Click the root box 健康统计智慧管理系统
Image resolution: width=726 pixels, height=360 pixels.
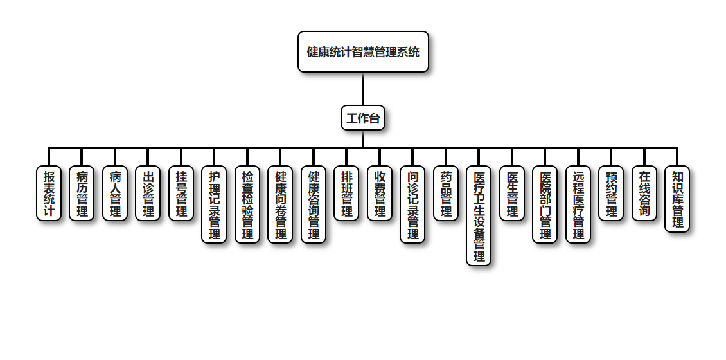click(363, 52)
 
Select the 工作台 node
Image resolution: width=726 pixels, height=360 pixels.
click(363, 118)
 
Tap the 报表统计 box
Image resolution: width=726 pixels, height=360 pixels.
click(49, 194)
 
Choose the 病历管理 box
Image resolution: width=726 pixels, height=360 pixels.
click(82, 194)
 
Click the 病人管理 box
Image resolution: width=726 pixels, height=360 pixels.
click(115, 194)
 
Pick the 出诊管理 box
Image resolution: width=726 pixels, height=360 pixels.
click(148, 194)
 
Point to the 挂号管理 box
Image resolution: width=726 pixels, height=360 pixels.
click(181, 194)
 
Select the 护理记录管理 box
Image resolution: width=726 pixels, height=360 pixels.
click(214, 204)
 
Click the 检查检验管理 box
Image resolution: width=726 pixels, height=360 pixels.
click(247, 204)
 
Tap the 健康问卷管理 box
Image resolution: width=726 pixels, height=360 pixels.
click(280, 204)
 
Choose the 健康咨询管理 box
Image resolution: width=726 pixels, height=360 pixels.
click(314, 204)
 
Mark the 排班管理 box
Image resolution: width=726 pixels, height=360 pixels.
click(346, 194)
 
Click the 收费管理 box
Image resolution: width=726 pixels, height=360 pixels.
click(380, 194)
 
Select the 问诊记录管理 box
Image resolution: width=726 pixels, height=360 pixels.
click(412, 204)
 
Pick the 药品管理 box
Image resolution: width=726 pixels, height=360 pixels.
click(446, 194)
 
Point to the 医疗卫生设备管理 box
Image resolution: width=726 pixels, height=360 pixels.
click(479, 216)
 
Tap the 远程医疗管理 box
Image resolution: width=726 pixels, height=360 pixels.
click(578, 204)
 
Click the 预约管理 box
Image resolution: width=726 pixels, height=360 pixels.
click(611, 194)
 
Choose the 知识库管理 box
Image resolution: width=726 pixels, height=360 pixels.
click(677, 199)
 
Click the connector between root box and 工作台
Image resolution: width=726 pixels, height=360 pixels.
click(363, 89)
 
